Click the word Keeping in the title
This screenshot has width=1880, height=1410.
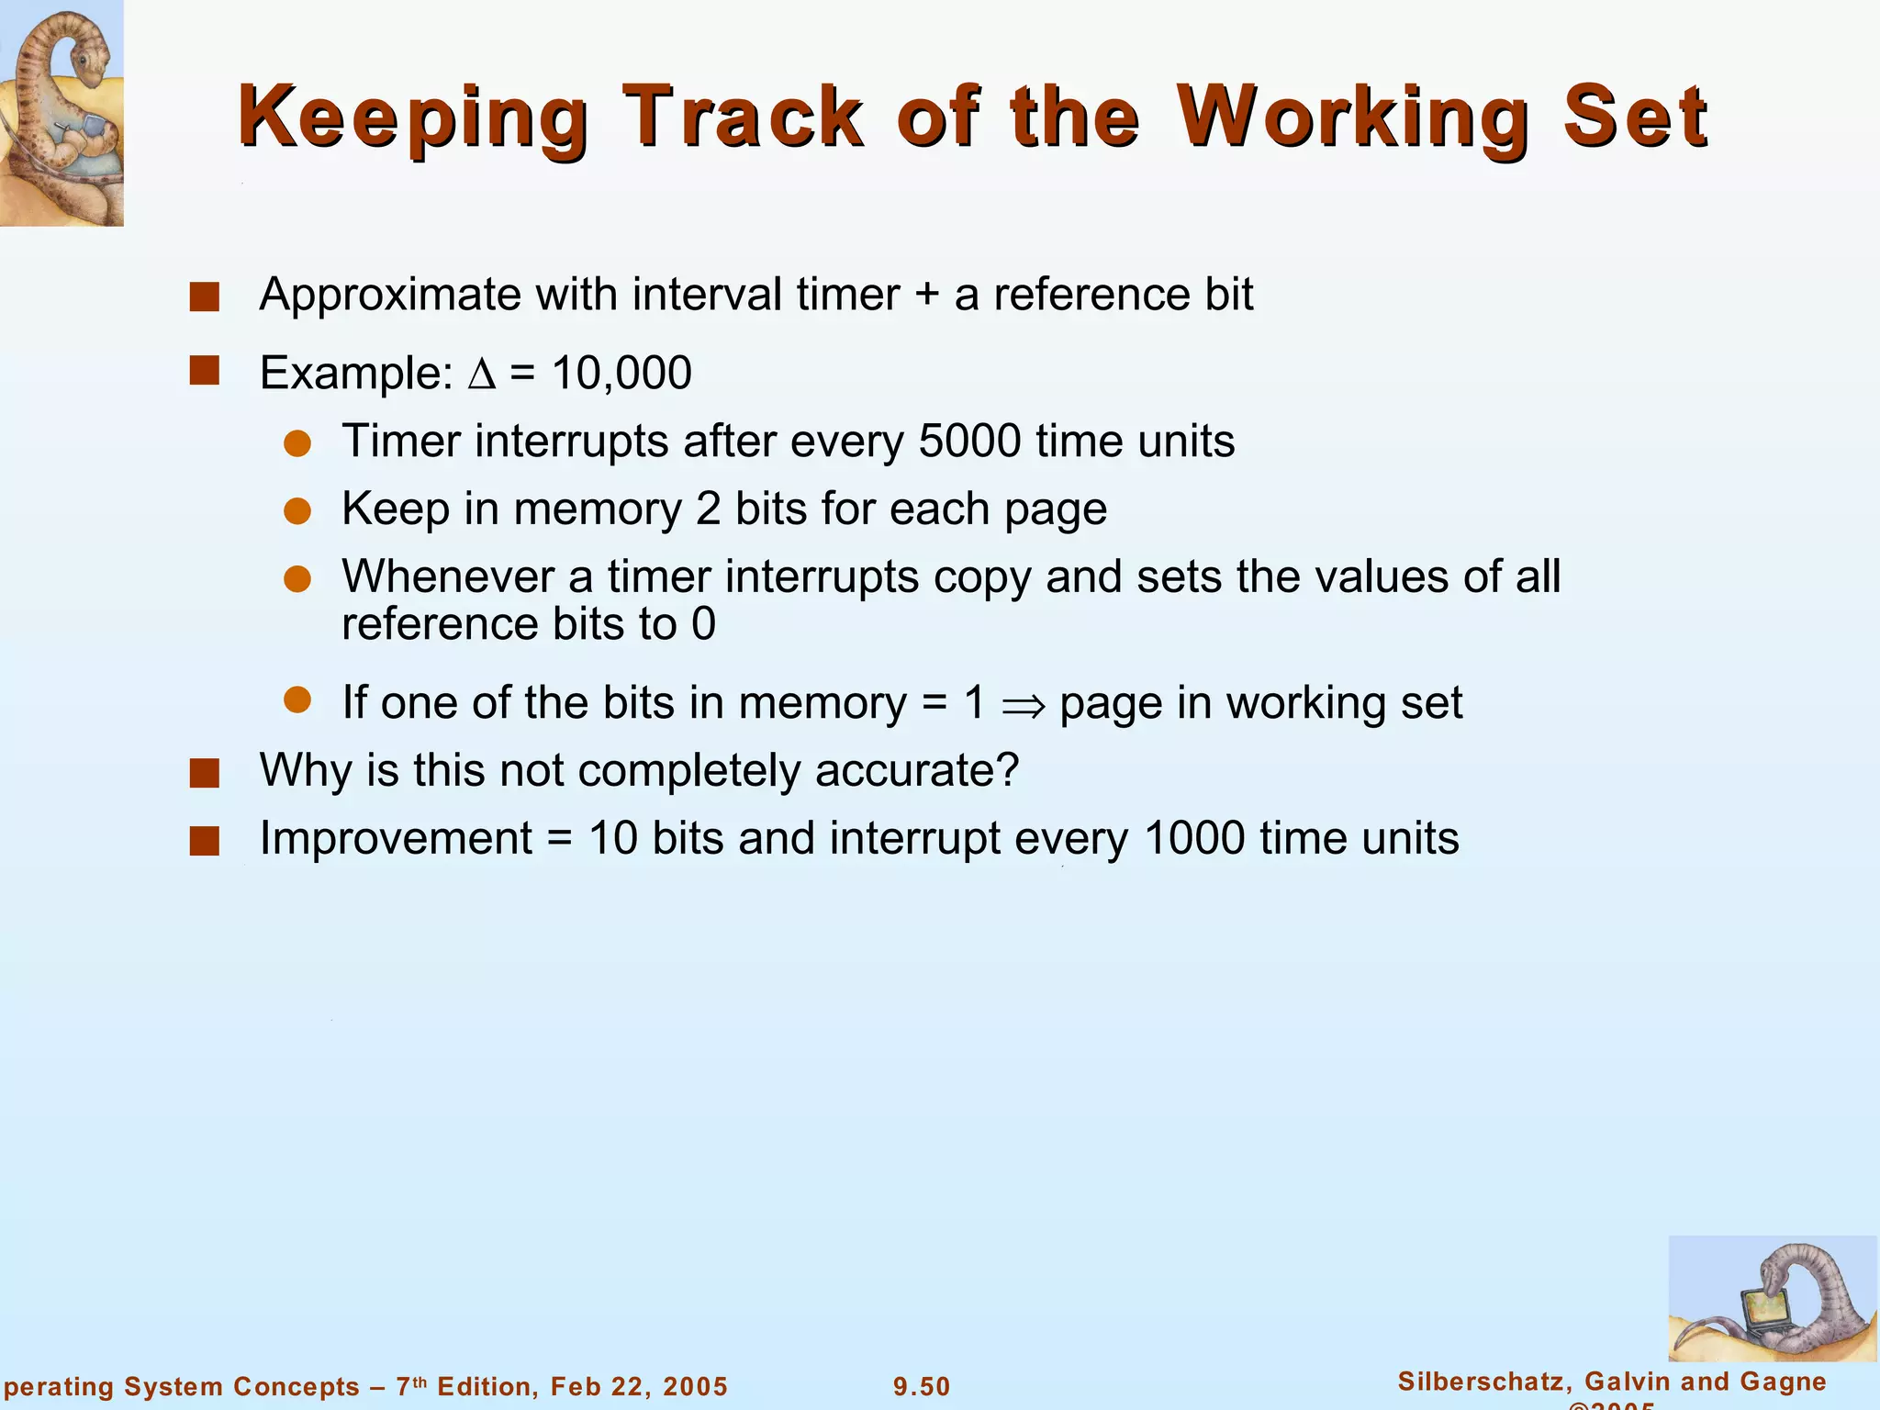[x=412, y=117]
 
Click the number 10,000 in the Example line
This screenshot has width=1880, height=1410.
[x=621, y=374]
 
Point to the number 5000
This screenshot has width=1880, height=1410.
[x=969, y=442]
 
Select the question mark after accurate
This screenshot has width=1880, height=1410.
[x=1008, y=770]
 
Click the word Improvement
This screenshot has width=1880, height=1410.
[x=396, y=838]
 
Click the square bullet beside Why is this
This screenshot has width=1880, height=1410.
[x=204, y=773]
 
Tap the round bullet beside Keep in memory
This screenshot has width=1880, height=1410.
[x=297, y=511]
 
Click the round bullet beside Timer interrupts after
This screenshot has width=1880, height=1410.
[x=297, y=444]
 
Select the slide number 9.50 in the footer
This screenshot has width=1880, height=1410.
[x=922, y=1386]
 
